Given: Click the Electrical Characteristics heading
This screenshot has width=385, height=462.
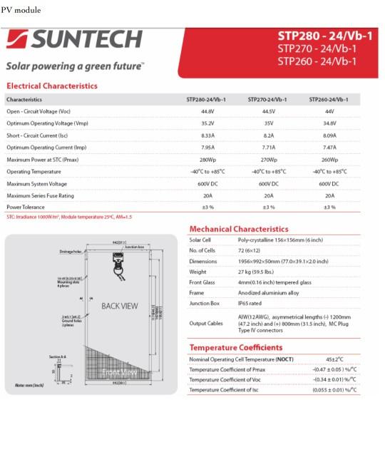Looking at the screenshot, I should click(x=51, y=86).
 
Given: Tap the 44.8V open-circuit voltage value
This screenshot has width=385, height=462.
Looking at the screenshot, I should click(x=207, y=111).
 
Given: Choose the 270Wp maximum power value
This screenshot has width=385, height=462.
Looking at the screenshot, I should click(x=269, y=160).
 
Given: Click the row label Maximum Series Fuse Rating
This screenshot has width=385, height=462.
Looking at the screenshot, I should click(x=40, y=195).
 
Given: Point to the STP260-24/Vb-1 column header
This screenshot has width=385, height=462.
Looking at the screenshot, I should click(x=329, y=100).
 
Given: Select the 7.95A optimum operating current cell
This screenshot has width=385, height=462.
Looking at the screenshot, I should click(x=207, y=148).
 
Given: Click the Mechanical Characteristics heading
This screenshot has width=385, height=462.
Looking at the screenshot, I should click(x=239, y=229).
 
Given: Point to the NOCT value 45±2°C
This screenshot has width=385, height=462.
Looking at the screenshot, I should click(x=334, y=359).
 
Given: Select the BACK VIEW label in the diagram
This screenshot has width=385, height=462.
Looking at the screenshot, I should click(x=120, y=306).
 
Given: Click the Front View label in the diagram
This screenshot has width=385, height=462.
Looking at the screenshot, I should click(x=119, y=372).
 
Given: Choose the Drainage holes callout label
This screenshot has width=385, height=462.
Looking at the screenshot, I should click(x=71, y=252).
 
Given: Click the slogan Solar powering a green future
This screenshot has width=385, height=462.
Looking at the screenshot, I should click(x=75, y=66).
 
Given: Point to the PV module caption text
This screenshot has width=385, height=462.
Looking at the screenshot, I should click(x=21, y=11).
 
